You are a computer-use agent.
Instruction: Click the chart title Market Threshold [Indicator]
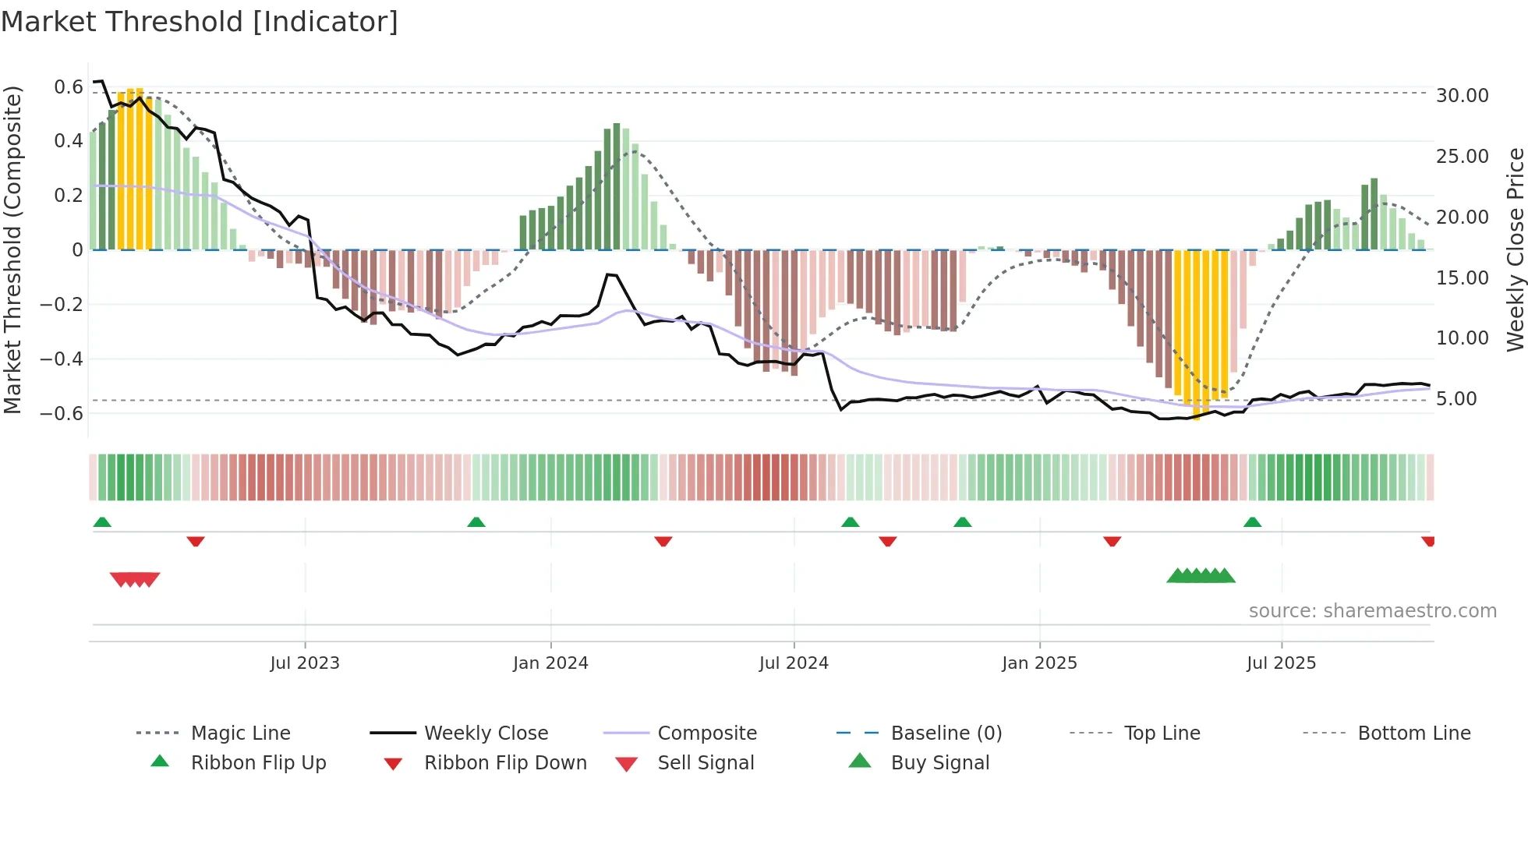tap(200, 22)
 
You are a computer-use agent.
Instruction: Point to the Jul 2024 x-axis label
tap(794, 663)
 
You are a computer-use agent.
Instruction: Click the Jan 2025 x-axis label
tap(1039, 663)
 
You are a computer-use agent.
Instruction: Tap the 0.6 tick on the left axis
tap(69, 87)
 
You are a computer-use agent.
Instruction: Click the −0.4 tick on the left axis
tap(62, 359)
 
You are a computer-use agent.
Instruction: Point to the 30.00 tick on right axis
tap(1462, 95)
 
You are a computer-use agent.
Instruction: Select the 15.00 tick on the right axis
tap(1462, 277)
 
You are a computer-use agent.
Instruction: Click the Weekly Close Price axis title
tap(1515, 249)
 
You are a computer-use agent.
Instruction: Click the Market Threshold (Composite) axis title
tap(12, 249)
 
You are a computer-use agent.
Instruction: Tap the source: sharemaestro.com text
tap(1372, 610)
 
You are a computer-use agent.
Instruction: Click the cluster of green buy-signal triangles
tap(1201, 576)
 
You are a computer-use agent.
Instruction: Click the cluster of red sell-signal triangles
tap(135, 579)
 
